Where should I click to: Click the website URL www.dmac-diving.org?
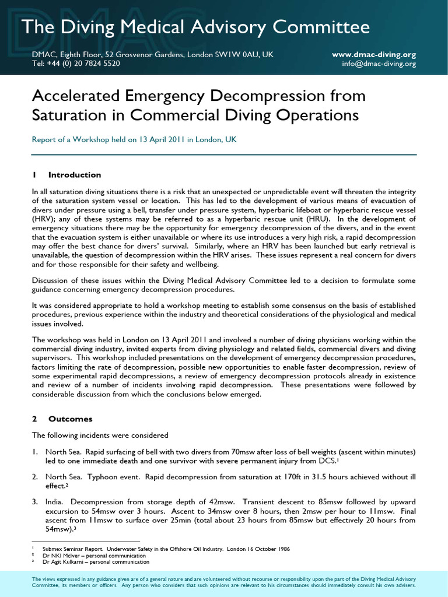coord(374,54)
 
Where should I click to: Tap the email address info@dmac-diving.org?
coord(379,64)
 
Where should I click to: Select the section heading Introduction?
coord(75,175)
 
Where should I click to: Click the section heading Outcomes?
coord(70,419)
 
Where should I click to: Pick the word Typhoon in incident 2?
coord(96,476)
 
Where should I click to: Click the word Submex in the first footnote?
coord(54,549)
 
